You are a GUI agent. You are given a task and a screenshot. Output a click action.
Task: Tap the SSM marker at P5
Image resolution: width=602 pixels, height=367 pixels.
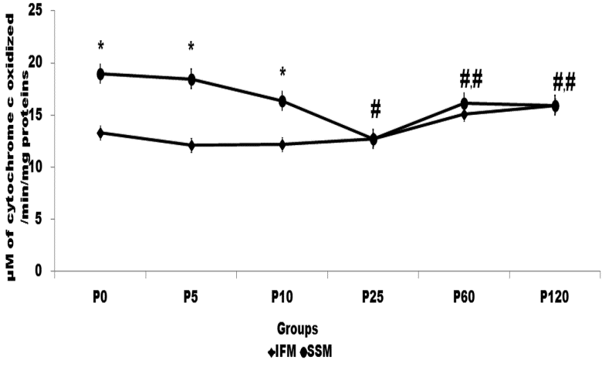point(191,79)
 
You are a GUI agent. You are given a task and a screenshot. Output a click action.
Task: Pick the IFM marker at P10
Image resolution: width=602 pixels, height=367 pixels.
point(282,144)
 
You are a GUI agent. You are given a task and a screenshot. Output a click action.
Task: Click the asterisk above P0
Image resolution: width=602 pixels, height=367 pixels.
point(100,46)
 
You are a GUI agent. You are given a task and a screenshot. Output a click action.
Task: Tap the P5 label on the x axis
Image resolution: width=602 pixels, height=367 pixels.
point(191,299)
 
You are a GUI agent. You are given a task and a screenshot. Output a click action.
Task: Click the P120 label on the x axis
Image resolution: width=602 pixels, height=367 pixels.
point(556,299)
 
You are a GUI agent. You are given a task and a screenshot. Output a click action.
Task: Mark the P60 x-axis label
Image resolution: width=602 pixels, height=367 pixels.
point(465,299)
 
